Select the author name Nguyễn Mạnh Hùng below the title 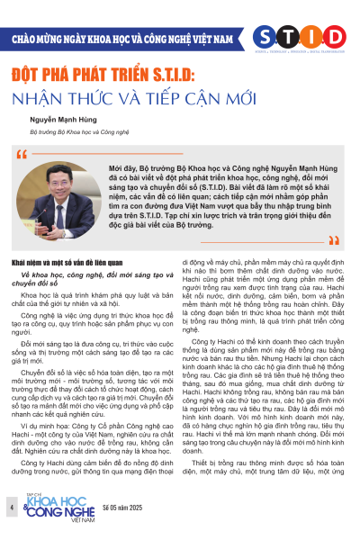tap(66, 118)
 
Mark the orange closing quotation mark tap(334, 240)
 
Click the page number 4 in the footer tap(12, 509)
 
